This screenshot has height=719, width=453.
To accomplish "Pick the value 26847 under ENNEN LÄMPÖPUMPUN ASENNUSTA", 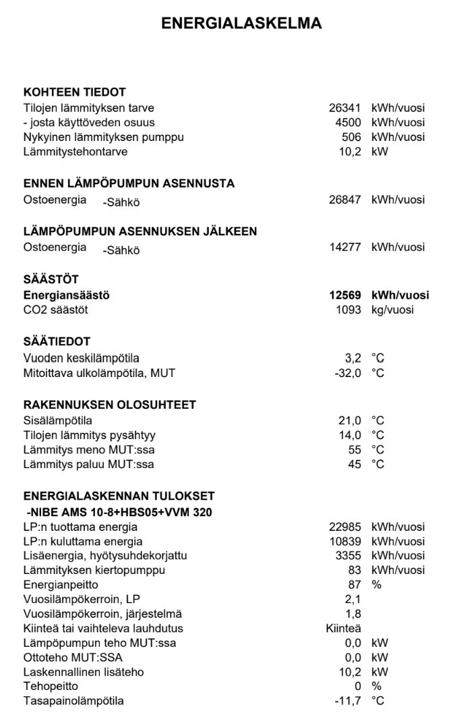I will (x=349, y=199).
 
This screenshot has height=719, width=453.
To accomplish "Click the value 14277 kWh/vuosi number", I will (x=349, y=247).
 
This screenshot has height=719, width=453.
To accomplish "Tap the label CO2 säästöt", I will (x=55, y=310).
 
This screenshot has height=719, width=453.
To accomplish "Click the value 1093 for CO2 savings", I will (x=352, y=310).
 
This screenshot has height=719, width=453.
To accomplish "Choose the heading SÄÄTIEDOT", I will (x=57, y=342).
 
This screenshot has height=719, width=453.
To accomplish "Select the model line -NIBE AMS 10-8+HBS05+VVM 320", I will (x=119, y=513).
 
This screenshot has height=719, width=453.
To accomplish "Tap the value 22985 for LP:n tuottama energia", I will (x=349, y=526).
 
